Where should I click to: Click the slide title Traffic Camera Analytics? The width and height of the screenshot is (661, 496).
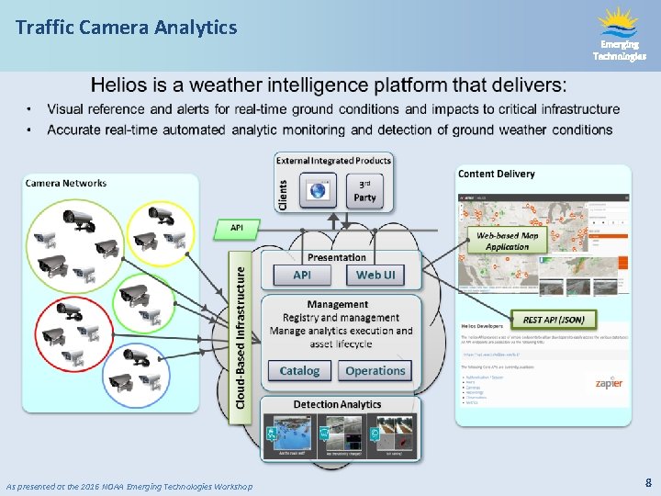[126, 28]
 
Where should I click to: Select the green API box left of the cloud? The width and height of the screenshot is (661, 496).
[236, 227]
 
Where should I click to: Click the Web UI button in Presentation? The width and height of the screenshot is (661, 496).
[375, 275]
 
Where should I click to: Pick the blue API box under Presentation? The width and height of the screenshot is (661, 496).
[301, 275]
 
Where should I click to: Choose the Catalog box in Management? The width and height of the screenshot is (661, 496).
[299, 371]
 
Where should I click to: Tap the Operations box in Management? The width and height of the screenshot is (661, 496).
[375, 371]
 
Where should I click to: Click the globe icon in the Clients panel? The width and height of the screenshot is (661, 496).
[319, 191]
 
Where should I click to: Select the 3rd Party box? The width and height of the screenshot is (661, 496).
[364, 190]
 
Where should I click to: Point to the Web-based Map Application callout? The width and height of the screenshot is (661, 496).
[508, 241]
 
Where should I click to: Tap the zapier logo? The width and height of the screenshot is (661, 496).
[608, 382]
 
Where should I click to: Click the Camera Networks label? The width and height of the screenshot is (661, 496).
[66, 183]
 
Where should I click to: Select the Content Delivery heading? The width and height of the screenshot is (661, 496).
[496, 174]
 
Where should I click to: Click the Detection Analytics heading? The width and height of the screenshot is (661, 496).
[337, 404]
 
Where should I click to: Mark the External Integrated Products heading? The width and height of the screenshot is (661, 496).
[334, 161]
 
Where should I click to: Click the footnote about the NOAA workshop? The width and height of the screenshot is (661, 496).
[129, 485]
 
